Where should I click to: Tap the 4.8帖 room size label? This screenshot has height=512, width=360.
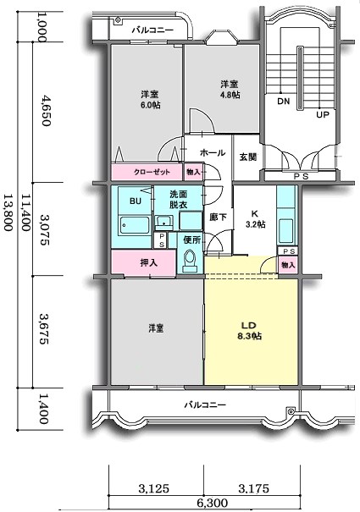point(230,96)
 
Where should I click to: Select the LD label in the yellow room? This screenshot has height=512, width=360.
point(248,325)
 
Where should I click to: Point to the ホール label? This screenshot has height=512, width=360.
point(212,153)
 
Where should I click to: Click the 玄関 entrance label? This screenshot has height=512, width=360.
point(247,157)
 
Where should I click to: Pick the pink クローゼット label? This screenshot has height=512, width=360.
point(152,173)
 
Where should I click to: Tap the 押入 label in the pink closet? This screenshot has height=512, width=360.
point(148,263)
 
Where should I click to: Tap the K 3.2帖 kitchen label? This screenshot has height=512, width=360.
point(255,218)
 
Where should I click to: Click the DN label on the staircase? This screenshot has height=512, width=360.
point(282,102)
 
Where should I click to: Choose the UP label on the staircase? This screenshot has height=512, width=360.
point(322,114)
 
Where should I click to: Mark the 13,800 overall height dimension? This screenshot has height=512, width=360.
point(9,217)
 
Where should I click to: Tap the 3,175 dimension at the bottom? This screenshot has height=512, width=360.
point(254,487)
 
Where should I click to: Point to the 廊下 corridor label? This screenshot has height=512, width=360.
point(217,216)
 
